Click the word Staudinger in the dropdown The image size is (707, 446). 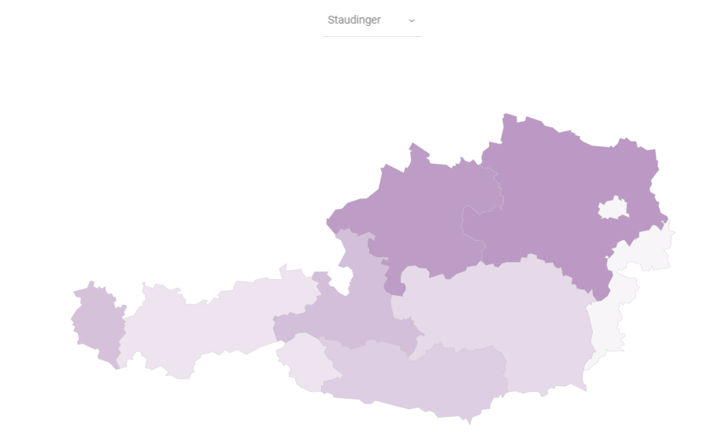point(353,20)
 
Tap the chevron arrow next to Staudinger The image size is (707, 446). point(411,20)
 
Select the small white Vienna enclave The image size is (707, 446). point(613,208)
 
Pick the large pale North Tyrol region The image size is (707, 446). point(213,323)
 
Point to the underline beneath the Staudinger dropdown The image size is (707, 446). point(372,36)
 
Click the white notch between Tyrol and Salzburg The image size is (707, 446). point(340,279)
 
